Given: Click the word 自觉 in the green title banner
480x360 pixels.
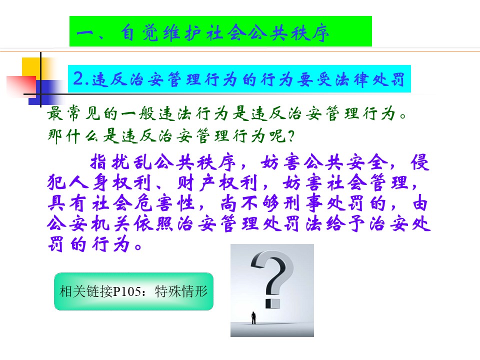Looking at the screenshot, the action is click(139, 33).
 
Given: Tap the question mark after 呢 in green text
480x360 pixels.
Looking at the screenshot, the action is click(291, 136).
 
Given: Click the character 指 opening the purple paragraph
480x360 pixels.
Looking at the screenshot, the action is click(98, 162).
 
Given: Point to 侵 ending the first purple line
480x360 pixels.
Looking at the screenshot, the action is click(420, 162).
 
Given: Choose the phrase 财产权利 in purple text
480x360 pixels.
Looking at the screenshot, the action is click(217, 183).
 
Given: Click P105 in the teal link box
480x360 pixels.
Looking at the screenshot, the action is click(127, 291).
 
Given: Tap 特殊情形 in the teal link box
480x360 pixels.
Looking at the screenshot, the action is click(181, 291).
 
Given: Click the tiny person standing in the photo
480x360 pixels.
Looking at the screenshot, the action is click(253, 318).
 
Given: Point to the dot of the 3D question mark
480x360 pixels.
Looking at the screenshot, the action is click(272, 303).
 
